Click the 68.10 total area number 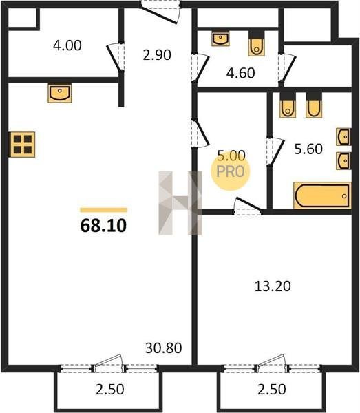103,226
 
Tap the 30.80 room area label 164,348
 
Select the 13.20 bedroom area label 273,286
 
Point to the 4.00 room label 67,45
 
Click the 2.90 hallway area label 157,55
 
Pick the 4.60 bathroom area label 240,73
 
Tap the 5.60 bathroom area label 308,149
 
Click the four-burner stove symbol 23,145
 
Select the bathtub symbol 322,195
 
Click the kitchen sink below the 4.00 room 59,93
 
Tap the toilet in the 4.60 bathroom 256,44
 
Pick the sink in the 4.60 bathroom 220,39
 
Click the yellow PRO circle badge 231,171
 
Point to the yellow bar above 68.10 103,210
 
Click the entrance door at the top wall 160,12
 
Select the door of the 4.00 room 116,58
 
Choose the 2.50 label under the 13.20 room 271,390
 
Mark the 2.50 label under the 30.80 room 109,390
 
